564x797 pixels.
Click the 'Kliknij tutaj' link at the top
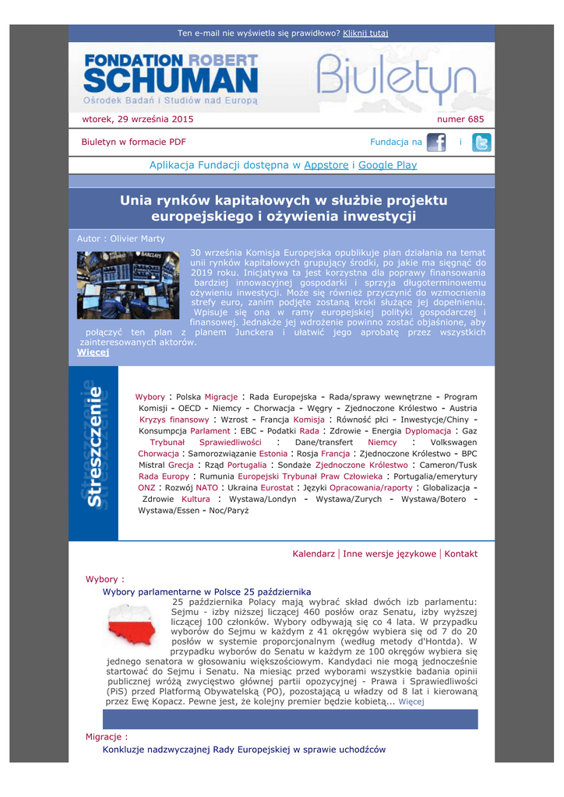365,33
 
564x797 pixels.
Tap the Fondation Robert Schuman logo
171,79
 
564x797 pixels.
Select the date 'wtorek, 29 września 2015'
138,119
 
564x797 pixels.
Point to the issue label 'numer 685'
460,119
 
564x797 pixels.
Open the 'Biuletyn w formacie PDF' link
133,142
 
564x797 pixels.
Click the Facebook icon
436,142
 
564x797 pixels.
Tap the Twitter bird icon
482,142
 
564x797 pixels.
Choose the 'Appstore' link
326,165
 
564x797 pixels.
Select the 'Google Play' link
387,165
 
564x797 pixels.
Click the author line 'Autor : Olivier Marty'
121,238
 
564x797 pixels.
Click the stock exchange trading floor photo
128,285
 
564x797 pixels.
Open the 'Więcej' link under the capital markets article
93,352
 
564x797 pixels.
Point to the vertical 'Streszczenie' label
94,448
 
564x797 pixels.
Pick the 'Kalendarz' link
313,553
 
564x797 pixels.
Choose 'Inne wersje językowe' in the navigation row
390,553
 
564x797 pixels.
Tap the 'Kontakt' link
460,553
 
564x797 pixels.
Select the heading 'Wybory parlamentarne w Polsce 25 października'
206,592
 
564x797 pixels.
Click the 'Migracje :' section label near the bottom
107,736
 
